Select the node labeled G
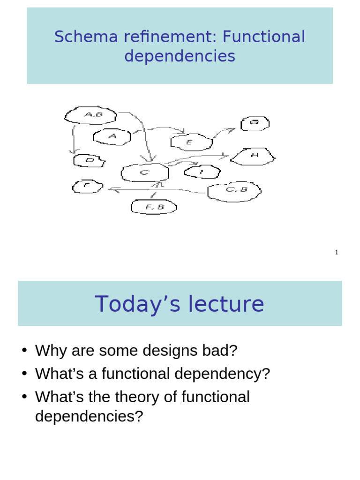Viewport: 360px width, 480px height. point(255,123)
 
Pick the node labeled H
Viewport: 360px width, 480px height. point(255,156)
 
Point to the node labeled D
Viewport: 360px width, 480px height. point(89,161)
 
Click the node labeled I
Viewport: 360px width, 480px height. point(202,172)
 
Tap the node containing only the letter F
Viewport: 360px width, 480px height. point(87,187)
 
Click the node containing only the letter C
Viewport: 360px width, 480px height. point(144,173)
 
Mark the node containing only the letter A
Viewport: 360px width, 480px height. point(112,136)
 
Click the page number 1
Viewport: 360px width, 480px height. point(336,253)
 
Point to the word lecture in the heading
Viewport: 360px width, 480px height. point(224,304)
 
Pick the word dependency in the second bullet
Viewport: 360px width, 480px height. point(222,374)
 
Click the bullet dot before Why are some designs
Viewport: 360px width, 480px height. point(24,351)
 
